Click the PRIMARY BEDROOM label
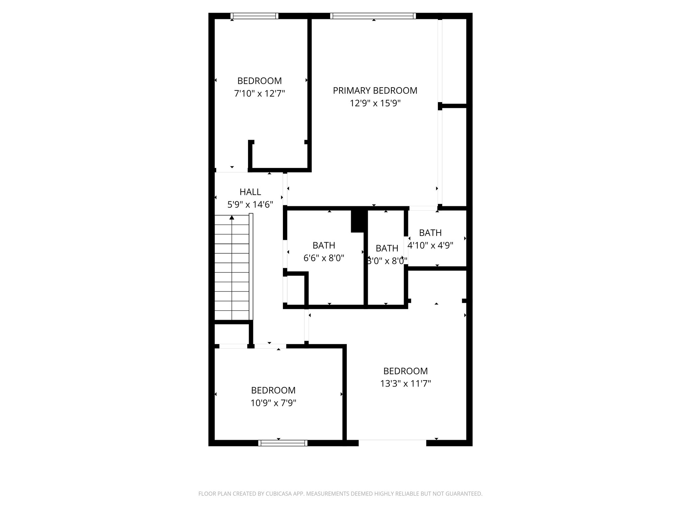(x=375, y=90)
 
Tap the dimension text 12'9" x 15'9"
(x=375, y=103)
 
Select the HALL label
(x=250, y=192)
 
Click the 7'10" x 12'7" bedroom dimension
(x=259, y=93)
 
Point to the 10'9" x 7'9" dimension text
(x=273, y=403)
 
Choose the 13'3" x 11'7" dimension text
(x=405, y=384)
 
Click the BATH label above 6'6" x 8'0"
(x=324, y=246)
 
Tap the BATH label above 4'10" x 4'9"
(x=430, y=233)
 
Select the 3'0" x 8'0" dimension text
(x=387, y=261)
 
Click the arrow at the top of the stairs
(x=232, y=218)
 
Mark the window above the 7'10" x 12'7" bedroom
(x=254, y=16)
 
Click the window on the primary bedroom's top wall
(x=373, y=16)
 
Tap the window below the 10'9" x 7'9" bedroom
(x=283, y=443)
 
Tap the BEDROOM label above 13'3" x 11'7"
(x=405, y=371)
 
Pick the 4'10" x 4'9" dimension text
(x=430, y=246)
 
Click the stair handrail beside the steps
(x=251, y=266)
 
